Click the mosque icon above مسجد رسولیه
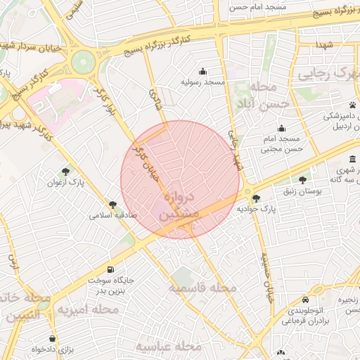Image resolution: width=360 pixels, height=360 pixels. point(203,70)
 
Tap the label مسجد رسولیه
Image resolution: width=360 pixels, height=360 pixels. point(203,82)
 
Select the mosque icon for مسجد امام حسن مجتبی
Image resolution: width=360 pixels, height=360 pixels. point(281,128)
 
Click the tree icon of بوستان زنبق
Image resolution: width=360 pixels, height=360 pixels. point(303,180)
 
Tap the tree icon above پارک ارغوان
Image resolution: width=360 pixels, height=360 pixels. point(65,171)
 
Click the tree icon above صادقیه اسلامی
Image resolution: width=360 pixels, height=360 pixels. point(112,204)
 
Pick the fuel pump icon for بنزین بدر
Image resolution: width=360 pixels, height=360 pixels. point(110,269)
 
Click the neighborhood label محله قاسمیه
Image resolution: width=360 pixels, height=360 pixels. point(203,288)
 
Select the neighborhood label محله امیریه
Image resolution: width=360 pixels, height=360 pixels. point(88,309)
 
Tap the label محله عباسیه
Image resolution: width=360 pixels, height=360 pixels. point(169,347)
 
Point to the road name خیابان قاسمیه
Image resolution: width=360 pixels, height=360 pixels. point(267,278)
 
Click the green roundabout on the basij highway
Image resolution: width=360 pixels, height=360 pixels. point(84,61)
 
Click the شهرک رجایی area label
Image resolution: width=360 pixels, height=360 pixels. point(328,75)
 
